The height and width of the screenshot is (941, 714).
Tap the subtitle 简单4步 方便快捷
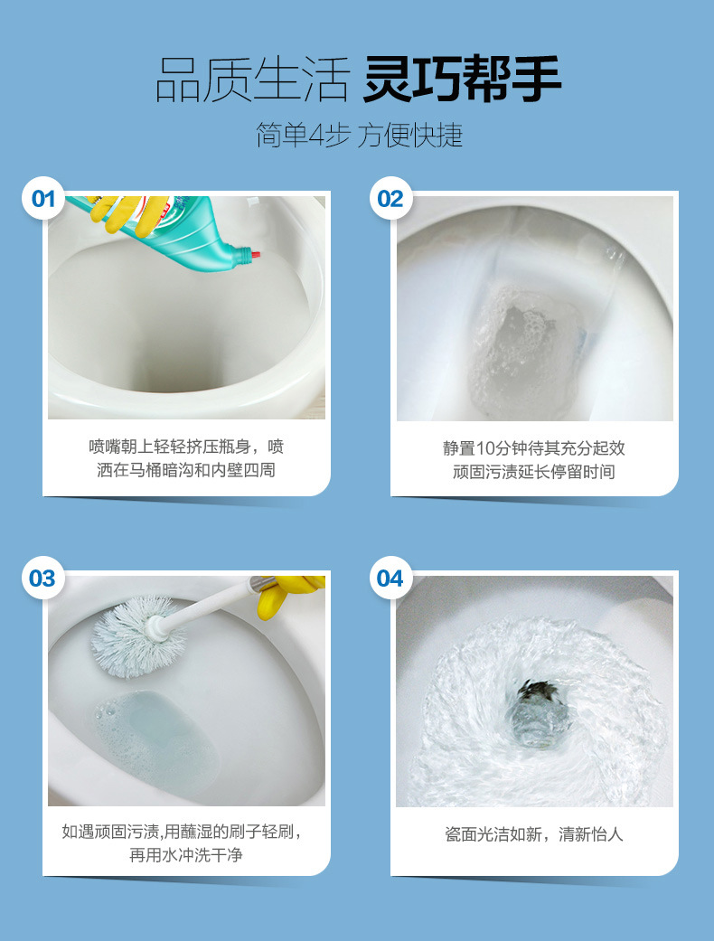tap(359, 135)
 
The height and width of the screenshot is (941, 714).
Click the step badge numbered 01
tap(43, 199)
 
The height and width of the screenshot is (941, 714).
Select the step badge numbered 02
tap(390, 199)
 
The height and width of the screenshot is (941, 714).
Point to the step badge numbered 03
tap(43, 579)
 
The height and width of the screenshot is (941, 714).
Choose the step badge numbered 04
tap(390, 579)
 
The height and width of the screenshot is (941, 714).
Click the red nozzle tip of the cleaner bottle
tap(256, 256)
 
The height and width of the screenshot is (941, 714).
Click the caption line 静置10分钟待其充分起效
tap(533, 447)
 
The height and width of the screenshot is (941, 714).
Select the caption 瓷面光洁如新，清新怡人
tap(533, 833)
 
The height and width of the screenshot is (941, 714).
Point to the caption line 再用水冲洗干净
tap(185, 854)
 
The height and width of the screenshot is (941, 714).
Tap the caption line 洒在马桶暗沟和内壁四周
tap(185, 470)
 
